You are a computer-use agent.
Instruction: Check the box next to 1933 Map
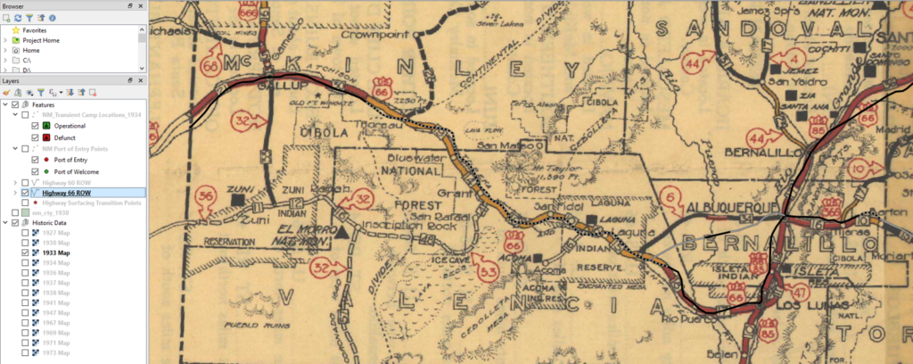point(25,253)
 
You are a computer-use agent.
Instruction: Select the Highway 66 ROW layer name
point(67,192)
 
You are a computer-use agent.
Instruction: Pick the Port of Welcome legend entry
point(77,171)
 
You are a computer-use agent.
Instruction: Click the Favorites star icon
point(15,29)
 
